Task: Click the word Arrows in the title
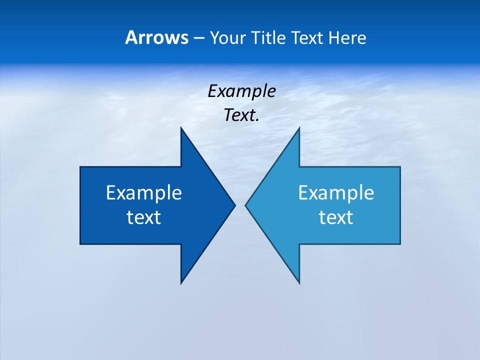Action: pos(156,38)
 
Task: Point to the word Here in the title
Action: pos(347,38)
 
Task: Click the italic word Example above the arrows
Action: pos(241,91)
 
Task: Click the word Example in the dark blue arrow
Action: pos(144,193)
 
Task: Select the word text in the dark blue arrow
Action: pos(144,217)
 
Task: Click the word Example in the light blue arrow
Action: pos(336,193)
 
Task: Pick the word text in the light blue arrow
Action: pos(336,217)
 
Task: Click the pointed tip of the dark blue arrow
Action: pos(235,205)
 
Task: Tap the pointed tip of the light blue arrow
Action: pos(245,205)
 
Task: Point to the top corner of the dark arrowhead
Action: pos(181,128)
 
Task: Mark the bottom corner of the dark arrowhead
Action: pos(181,283)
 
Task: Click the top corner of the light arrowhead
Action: pos(299,128)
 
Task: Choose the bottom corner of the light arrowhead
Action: pos(299,283)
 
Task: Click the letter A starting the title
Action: pos(131,38)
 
